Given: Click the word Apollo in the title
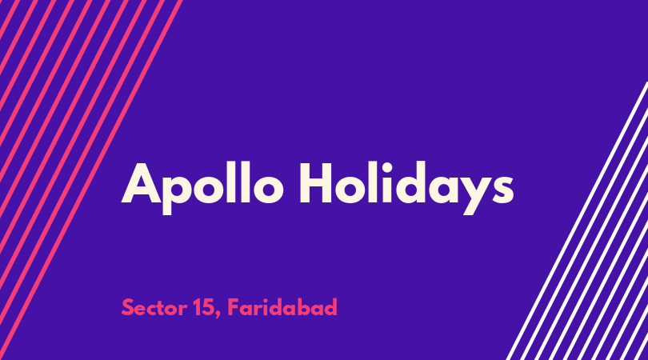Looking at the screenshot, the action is [202, 188].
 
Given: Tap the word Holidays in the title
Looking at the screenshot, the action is [406, 188].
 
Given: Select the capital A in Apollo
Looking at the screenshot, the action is [141, 182].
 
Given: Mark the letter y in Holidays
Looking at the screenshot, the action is [478, 194].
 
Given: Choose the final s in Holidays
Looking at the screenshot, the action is [503, 189].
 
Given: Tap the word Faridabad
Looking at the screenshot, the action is [282, 307].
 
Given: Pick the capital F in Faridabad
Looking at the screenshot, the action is [233, 307].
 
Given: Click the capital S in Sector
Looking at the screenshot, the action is [128, 308].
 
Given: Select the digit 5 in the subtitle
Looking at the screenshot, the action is [208, 308].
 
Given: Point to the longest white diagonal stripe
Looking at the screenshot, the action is [577, 221].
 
